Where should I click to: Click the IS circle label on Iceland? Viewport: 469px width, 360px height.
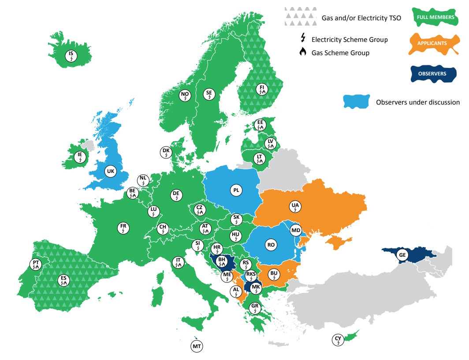pyautogui.click(x=71, y=56)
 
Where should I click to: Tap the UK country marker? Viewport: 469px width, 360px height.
pyautogui.click(x=111, y=171)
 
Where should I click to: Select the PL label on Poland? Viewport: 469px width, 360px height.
pyautogui.click(x=236, y=190)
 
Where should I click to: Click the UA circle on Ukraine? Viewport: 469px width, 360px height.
pyautogui.click(x=295, y=206)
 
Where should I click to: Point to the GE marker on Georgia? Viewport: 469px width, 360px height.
pyautogui.click(x=402, y=255)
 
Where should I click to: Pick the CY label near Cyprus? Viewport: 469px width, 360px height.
pyautogui.click(x=338, y=340)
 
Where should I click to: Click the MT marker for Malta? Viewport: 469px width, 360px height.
pyautogui.click(x=197, y=346)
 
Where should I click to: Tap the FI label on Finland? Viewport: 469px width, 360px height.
pyautogui.click(x=262, y=89)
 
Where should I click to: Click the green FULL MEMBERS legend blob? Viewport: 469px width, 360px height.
pyautogui.click(x=433, y=17)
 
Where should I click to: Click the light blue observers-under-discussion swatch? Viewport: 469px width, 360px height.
pyautogui.click(x=356, y=102)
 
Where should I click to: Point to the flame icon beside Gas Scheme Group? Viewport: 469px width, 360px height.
pyautogui.click(x=302, y=52)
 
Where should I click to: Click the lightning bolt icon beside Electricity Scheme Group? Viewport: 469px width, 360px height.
pyautogui.click(x=303, y=39)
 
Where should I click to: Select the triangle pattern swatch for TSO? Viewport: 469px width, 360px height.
pyautogui.click(x=300, y=16)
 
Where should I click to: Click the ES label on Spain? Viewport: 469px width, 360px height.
pyautogui.click(x=64, y=280)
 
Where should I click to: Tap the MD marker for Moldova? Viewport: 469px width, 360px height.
pyautogui.click(x=296, y=230)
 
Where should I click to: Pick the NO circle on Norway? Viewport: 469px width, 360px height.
pyautogui.click(x=185, y=95)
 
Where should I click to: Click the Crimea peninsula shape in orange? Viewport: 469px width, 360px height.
pyautogui.click(x=341, y=241)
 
